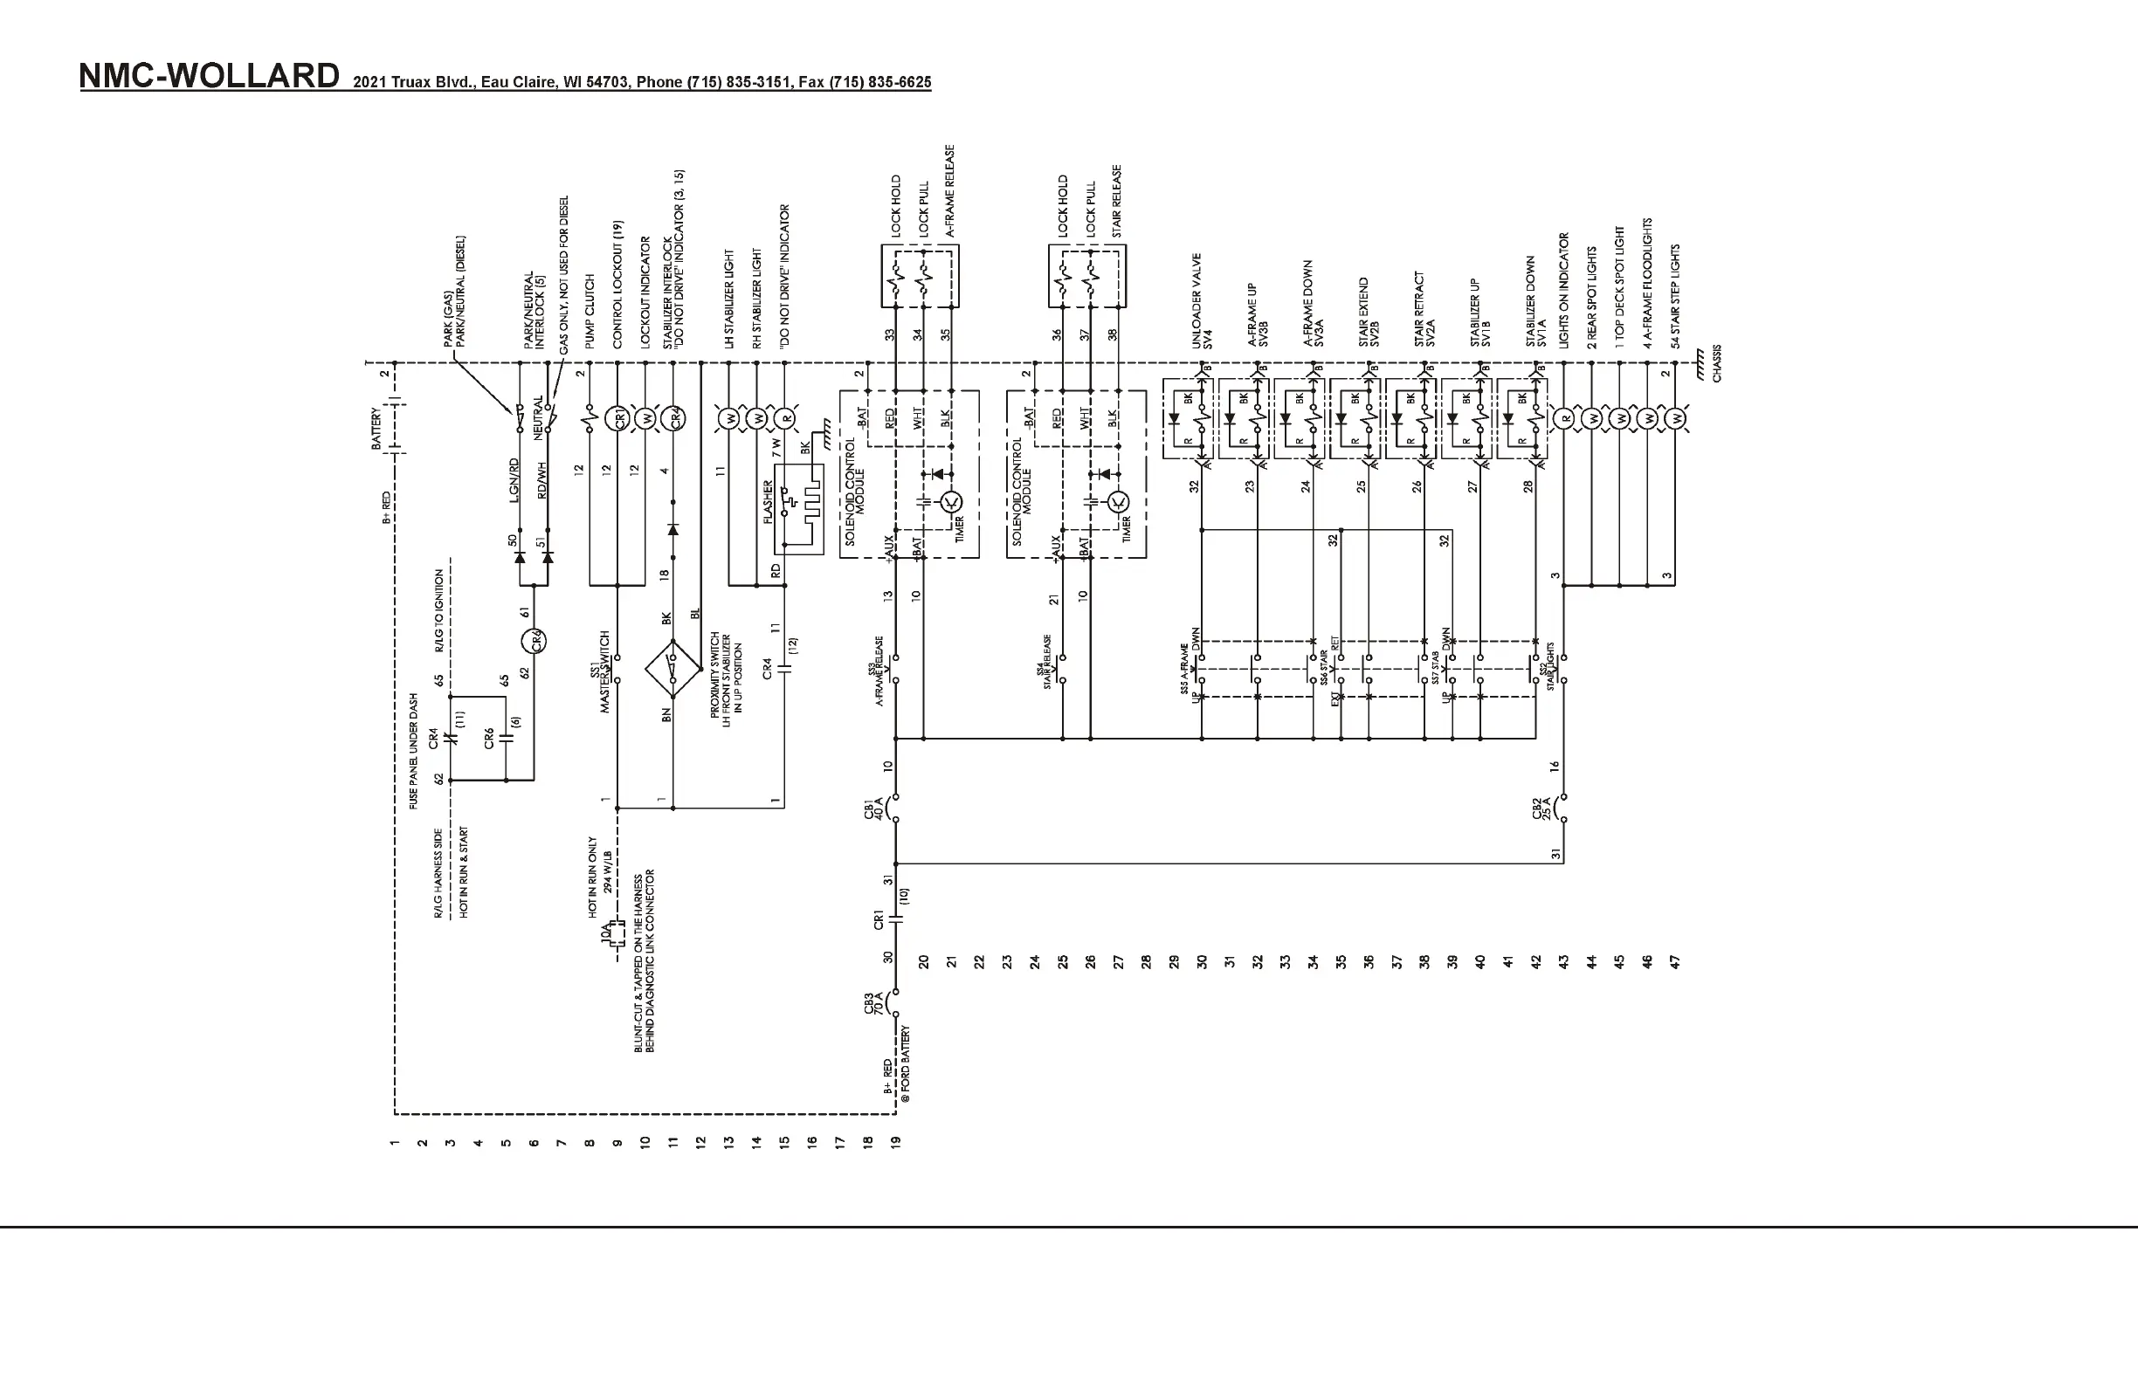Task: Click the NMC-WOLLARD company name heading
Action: (210, 76)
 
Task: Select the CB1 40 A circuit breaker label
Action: (874, 808)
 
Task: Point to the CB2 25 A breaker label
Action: (1541, 808)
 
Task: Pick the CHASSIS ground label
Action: (1717, 364)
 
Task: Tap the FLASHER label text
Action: (768, 503)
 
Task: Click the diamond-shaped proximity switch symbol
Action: (672, 668)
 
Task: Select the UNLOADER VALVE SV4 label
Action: (1202, 301)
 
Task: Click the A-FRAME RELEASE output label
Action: (949, 190)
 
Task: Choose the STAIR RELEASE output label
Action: (1118, 200)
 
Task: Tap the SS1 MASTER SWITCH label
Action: (600, 671)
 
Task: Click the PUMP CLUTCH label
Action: (590, 311)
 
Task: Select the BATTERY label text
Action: (377, 429)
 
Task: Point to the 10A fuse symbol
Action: (615, 935)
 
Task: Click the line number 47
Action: (1674, 962)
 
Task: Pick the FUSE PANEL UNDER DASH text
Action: (414, 751)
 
